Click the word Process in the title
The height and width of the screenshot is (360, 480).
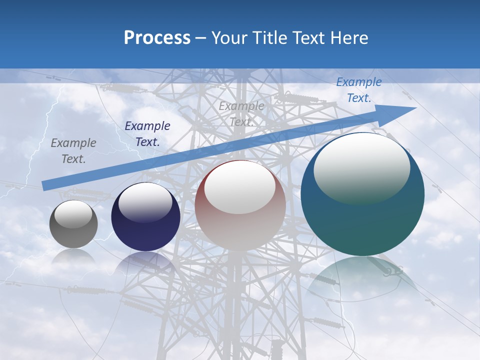tap(157, 38)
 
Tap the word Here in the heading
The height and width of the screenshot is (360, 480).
tap(349, 38)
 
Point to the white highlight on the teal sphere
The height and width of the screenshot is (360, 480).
tap(361, 167)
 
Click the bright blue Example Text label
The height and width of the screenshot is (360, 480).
tap(358, 90)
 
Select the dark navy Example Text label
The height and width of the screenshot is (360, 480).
tap(147, 134)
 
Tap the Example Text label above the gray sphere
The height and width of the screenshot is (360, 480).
tap(73, 151)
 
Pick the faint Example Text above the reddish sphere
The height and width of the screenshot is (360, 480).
tap(241, 113)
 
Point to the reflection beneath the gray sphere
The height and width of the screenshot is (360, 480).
tap(73, 256)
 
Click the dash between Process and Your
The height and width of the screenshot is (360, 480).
tap(200, 38)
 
